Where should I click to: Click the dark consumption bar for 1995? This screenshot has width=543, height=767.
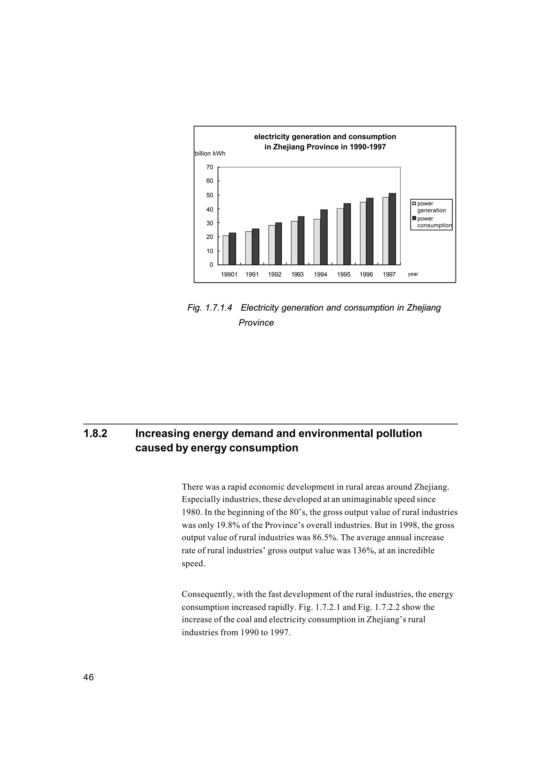(x=347, y=234)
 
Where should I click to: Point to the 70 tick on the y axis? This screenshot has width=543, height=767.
(x=210, y=167)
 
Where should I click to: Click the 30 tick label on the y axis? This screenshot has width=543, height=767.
(x=210, y=223)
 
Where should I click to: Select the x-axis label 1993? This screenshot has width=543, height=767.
(x=297, y=274)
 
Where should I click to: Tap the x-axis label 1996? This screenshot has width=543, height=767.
(x=366, y=274)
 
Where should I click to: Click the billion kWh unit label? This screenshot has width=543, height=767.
(x=210, y=154)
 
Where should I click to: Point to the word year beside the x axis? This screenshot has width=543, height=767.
(x=413, y=274)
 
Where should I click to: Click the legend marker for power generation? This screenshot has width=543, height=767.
(x=414, y=203)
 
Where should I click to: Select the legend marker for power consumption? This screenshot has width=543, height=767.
(x=414, y=218)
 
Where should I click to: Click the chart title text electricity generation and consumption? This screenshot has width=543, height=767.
(x=325, y=137)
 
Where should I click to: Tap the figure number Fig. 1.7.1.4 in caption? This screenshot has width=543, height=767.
(x=210, y=308)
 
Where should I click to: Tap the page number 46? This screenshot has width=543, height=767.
(x=89, y=677)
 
